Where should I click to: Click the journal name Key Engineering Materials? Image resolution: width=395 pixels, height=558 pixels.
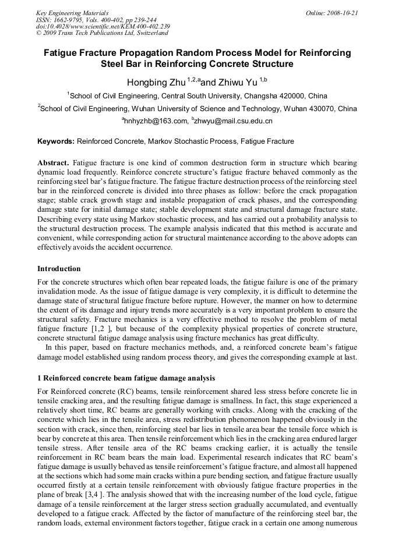coord(72,13)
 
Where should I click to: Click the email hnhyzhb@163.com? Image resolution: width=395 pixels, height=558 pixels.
coord(155,121)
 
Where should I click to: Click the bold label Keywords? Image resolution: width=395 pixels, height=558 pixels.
coord(56,141)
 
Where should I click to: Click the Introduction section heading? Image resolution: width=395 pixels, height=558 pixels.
coord(59,269)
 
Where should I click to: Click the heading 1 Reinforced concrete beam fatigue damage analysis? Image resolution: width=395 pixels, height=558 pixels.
coord(126,378)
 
